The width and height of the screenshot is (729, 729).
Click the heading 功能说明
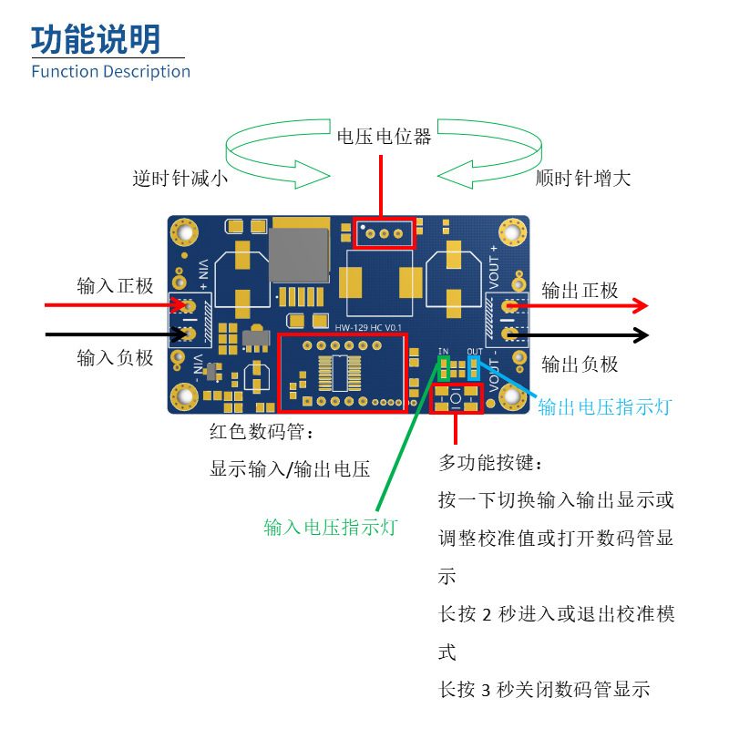(97, 39)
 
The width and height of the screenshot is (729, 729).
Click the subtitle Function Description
(110, 71)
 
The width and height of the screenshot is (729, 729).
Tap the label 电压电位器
(384, 138)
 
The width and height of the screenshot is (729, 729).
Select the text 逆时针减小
(180, 179)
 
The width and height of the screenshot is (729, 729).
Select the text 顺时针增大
(583, 179)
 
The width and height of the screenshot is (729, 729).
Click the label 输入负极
(115, 357)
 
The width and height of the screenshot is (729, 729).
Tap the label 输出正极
(580, 291)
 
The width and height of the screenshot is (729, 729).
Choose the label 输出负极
(580, 364)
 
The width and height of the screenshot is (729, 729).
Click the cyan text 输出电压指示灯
(604, 406)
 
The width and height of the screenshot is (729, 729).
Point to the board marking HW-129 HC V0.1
(368, 327)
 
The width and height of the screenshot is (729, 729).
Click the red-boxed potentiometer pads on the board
(384, 233)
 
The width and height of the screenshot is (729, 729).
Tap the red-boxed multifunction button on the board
(455, 399)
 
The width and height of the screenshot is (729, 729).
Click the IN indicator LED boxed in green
(446, 368)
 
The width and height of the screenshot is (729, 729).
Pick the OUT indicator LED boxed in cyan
(474, 368)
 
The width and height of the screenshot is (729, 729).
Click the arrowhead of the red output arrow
(641, 305)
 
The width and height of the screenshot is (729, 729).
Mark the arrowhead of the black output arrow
(641, 334)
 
